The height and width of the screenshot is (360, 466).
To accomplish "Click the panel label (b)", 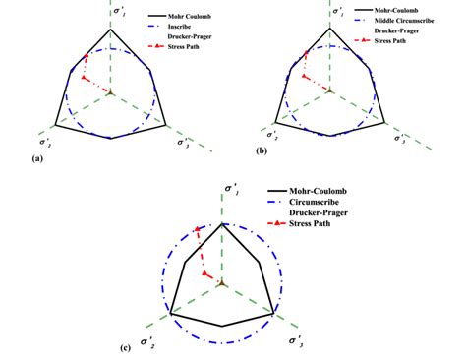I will tap(262, 151).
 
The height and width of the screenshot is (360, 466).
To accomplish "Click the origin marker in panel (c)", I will tap(223, 283).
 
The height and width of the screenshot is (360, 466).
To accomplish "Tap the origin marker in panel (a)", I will tap(110, 92).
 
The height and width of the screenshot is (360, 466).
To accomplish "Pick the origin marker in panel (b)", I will tap(329, 90).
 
